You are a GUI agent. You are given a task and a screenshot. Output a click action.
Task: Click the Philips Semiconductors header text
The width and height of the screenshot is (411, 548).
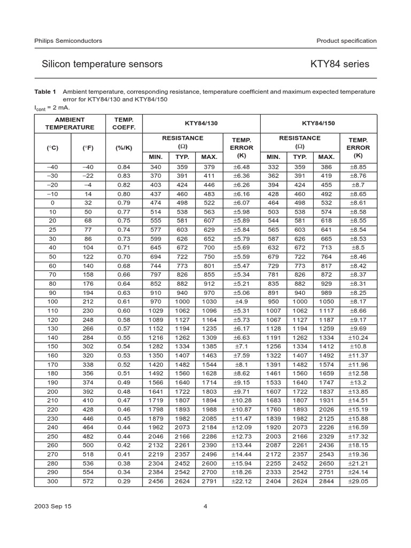68,41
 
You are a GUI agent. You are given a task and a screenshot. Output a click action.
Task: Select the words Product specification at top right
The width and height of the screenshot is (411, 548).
346,41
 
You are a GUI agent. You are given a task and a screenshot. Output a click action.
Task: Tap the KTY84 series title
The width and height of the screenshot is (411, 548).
340,64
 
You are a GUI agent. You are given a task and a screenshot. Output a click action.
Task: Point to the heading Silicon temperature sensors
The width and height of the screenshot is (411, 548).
102,64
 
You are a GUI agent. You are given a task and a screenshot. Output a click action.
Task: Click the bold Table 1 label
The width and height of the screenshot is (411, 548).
45,92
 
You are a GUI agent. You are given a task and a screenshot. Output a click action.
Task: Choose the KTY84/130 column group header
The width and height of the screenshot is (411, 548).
201,123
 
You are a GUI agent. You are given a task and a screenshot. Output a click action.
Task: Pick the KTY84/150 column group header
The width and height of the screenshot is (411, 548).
318,123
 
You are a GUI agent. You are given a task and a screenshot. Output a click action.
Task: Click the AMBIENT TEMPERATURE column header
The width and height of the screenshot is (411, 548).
70,123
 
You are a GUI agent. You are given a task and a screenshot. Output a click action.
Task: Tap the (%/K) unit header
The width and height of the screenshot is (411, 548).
124,147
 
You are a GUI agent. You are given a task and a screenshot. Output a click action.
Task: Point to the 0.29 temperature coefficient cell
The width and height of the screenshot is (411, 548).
124,482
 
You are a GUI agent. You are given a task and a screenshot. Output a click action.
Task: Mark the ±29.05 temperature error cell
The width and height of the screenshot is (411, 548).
358,482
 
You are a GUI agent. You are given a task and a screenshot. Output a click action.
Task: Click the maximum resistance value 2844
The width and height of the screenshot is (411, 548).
326,482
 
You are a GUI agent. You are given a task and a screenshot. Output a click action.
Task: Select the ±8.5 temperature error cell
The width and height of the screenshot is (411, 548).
358,248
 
